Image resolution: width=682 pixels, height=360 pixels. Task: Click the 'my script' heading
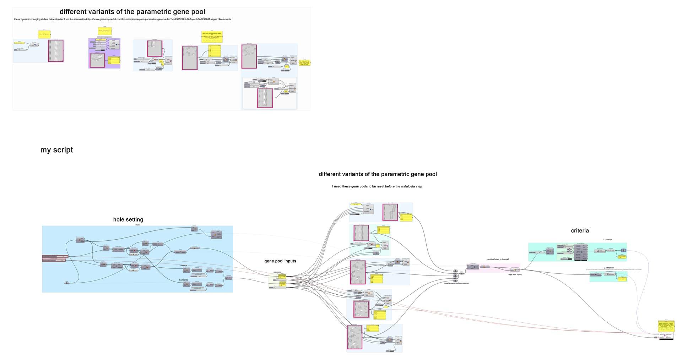point(56,150)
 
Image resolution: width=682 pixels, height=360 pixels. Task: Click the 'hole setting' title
point(128,219)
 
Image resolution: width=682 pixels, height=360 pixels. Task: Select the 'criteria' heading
point(580,231)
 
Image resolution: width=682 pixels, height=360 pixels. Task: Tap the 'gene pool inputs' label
point(280,261)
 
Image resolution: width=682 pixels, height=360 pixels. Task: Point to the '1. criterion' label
point(607,240)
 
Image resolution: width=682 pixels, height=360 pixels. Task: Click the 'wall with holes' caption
point(515,274)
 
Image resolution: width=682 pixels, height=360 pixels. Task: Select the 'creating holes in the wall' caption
point(497,259)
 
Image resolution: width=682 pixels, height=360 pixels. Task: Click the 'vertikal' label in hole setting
point(184,266)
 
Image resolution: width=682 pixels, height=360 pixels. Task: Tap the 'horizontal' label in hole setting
point(184,280)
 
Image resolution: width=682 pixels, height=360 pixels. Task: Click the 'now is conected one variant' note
point(456,283)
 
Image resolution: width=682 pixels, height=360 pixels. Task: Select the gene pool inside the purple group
point(97,60)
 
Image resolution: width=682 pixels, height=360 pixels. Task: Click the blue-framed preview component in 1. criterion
point(624,251)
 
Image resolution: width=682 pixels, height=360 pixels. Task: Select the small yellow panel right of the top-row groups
point(304,63)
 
